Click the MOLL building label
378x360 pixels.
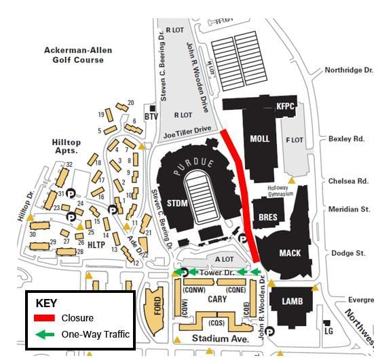pyautogui.click(x=259, y=139)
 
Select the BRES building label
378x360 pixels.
pyautogui.click(x=269, y=218)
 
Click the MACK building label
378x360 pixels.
pyautogui.click(x=290, y=253)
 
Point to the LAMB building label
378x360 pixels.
pyautogui.click(x=292, y=301)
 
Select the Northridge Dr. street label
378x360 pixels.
pyautogui.click(x=349, y=70)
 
